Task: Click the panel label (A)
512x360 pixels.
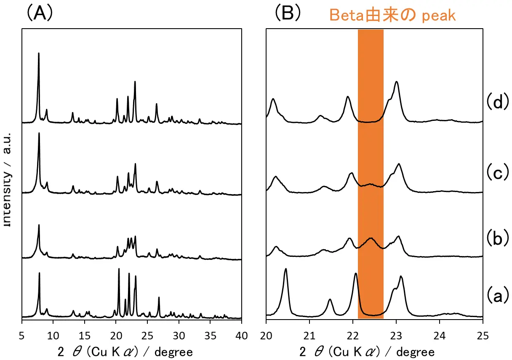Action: (x=40, y=13)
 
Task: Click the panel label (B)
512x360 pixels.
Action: (x=288, y=13)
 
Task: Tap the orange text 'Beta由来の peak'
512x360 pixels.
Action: (x=392, y=15)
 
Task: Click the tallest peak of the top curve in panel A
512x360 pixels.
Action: (x=39, y=54)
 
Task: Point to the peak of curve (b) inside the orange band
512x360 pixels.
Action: (x=371, y=239)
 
